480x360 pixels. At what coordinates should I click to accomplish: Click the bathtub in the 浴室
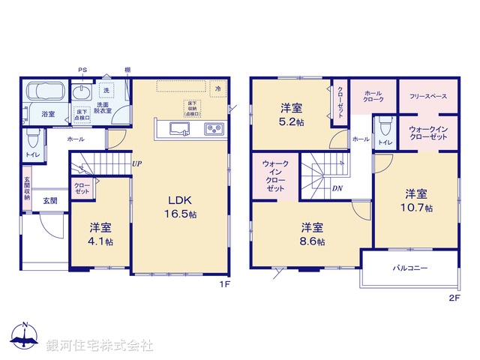coord(43,92)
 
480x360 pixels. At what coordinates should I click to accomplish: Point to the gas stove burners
coord(214,130)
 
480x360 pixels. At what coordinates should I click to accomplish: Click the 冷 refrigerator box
coord(217,88)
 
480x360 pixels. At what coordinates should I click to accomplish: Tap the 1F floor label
coord(223,285)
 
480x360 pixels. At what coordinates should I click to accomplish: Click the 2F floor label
coord(453,297)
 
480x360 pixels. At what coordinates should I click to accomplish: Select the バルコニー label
coord(408,267)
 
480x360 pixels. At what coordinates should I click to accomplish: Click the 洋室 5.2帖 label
coord(292,114)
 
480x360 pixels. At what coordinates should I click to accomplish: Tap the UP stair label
coord(136,163)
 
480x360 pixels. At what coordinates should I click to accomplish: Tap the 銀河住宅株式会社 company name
coord(100,345)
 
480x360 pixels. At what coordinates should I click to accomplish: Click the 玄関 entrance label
coord(49,200)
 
